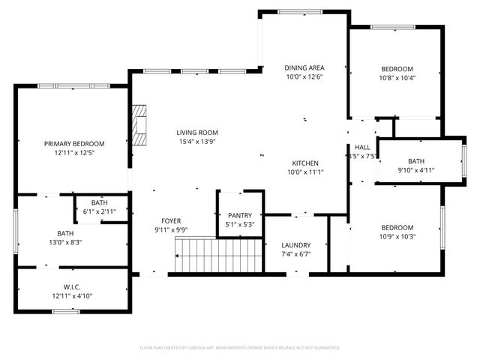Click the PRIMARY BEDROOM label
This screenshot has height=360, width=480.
(x=73, y=143)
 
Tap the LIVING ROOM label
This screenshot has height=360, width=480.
(x=197, y=132)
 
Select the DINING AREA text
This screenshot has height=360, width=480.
(x=304, y=68)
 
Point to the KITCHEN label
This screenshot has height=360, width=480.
(x=305, y=163)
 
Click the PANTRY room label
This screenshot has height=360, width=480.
(x=240, y=215)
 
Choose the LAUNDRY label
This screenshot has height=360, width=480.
(x=295, y=245)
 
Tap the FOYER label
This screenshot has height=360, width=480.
(x=171, y=220)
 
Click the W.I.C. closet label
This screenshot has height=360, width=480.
(x=73, y=286)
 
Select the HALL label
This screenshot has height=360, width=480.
(x=362, y=147)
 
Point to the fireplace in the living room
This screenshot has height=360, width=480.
(x=139, y=125)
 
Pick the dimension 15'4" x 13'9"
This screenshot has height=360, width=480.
(x=197, y=142)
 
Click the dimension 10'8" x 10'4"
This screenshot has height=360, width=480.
(x=397, y=77)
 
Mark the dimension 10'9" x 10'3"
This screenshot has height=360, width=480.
(x=397, y=237)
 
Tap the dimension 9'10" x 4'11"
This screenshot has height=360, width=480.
(x=415, y=170)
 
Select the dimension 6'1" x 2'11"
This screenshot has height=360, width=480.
(x=99, y=212)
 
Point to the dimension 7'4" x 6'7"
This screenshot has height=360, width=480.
(x=295, y=254)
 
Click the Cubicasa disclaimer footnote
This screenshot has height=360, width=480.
(x=240, y=348)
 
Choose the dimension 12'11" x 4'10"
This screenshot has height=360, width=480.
(x=73, y=295)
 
